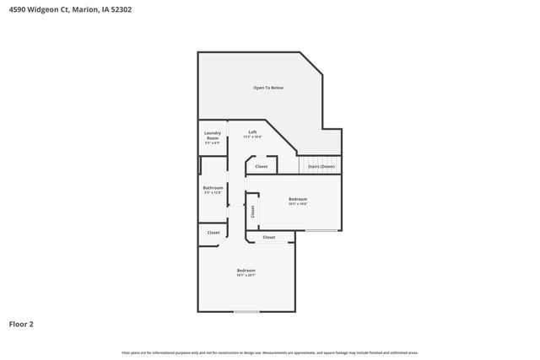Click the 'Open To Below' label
tap(268, 88)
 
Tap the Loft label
tap(252, 132)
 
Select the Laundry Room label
tap(213, 135)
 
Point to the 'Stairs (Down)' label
tap(321, 166)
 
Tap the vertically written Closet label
tap(251, 212)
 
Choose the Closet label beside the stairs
tap(262, 166)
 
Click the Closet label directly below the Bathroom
tap(213, 233)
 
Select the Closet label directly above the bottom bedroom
tap(268, 237)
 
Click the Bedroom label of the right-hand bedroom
tap(298, 199)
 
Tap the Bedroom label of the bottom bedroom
tap(246, 270)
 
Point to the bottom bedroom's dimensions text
tap(246, 275)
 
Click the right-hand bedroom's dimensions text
tap(298, 204)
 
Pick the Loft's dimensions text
tap(252, 137)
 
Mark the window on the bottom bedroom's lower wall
tap(246, 312)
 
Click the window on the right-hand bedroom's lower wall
tap(321, 230)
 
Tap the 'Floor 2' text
tap(21, 324)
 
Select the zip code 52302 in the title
tap(119, 9)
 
